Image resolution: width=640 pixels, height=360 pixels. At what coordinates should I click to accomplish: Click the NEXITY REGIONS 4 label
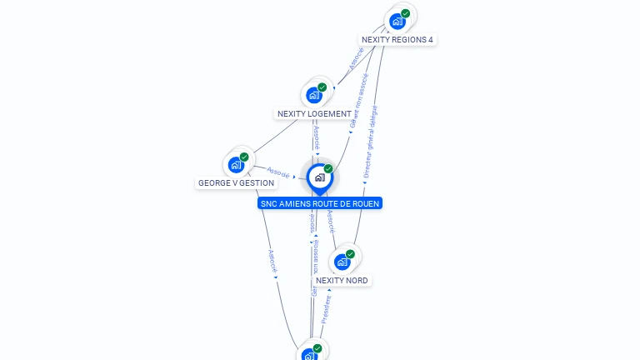coord(397,39)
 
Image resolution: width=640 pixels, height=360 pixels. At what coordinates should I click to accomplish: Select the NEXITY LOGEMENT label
coord(313,113)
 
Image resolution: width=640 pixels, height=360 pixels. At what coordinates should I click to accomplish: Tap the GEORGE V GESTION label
coord(236,182)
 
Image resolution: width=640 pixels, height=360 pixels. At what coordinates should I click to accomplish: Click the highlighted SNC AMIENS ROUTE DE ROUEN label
coord(320,203)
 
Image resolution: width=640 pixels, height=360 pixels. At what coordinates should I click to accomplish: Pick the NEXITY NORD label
coord(342,280)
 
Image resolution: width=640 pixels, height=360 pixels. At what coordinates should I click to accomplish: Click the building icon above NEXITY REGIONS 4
coord(397,22)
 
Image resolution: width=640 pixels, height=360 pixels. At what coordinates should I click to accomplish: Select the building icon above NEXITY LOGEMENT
coord(314,95)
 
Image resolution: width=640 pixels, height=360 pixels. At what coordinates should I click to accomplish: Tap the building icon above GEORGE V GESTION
coord(236,164)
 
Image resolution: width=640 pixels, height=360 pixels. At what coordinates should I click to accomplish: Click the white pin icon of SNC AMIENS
coord(319,177)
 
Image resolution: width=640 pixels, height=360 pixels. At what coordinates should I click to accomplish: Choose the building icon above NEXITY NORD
coord(342,262)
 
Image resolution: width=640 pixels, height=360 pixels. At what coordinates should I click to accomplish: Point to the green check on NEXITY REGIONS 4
coord(406,13)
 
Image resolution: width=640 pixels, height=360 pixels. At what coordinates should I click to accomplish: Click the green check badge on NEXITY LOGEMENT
coord(322,87)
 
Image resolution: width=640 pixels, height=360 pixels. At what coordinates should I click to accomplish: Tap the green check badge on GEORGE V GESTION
coord(244,157)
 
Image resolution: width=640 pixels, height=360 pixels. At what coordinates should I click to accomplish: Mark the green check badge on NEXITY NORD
coord(350,253)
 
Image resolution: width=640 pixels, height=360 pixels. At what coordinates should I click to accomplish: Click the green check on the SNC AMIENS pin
coord(328,168)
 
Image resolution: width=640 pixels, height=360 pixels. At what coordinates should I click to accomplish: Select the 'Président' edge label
coord(326,308)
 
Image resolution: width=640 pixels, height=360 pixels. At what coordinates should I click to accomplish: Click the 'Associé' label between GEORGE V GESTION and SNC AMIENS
coord(278,172)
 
